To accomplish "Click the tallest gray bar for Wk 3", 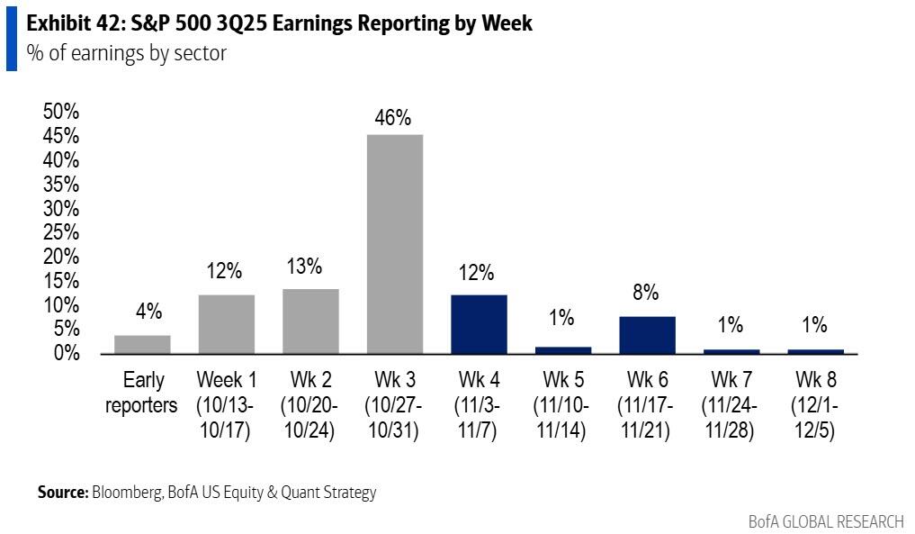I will pyautogui.click(x=395, y=243).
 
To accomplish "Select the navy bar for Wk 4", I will pyautogui.click(x=479, y=323).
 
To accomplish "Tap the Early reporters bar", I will pyautogui.click(x=142, y=344).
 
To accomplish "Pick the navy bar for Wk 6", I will pyautogui.click(x=647, y=334).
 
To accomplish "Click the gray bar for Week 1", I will pyautogui.click(x=226, y=323).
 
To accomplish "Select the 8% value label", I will pyautogui.click(x=646, y=293).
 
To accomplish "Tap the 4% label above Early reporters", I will pyautogui.click(x=148, y=312).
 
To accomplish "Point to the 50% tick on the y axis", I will pyautogui.click(x=61, y=112).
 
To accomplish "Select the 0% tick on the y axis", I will pyautogui.click(x=67, y=353).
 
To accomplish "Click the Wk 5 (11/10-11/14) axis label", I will pyautogui.click(x=562, y=405).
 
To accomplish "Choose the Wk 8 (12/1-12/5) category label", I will pyautogui.click(x=814, y=405).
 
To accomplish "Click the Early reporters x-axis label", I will pyautogui.click(x=142, y=393).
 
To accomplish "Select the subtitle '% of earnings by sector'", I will pyautogui.click(x=126, y=53).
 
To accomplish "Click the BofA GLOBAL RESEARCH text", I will pyautogui.click(x=825, y=521).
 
